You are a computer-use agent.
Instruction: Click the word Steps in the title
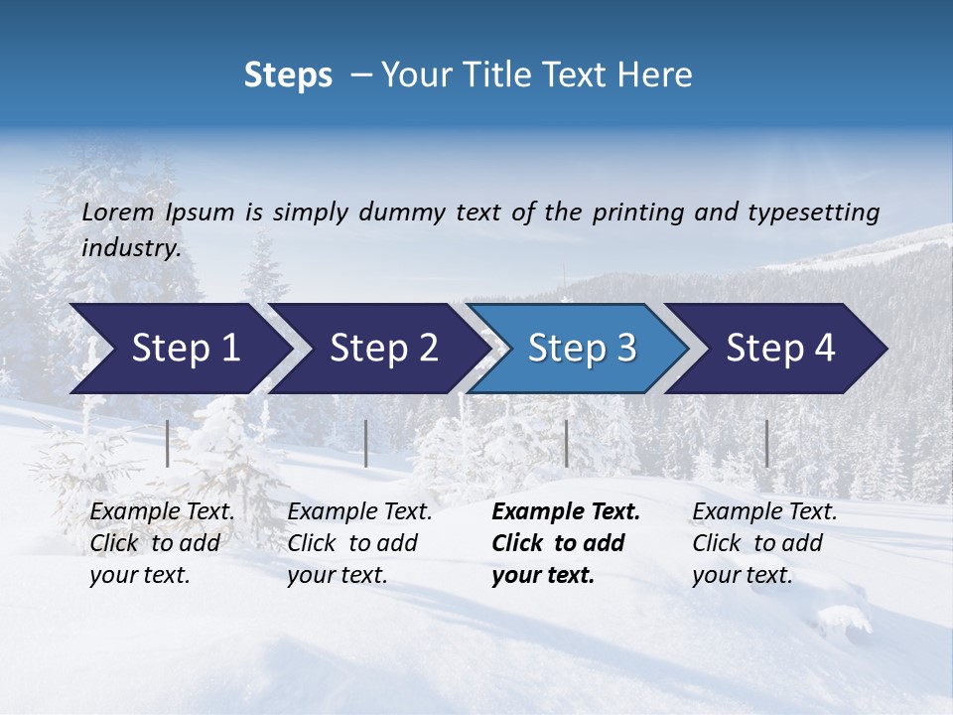[288, 75]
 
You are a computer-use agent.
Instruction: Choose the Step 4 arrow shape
[780, 349]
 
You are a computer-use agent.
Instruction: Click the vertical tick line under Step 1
[167, 443]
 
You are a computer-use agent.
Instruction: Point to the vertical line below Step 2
[366, 443]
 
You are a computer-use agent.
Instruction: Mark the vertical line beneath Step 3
[566, 443]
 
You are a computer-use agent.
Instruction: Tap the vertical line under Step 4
[766, 443]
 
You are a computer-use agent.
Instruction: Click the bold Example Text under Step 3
[566, 512]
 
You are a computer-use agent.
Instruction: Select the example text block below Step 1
[162, 543]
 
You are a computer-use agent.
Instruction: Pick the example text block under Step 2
[359, 543]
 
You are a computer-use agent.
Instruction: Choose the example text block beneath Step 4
[764, 543]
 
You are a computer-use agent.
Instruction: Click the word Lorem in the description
[118, 212]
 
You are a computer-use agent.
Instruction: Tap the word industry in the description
[131, 248]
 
